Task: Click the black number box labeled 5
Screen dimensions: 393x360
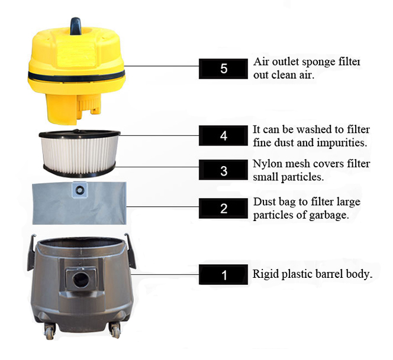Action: [x=223, y=69]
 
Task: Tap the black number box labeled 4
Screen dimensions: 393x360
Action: [x=223, y=136]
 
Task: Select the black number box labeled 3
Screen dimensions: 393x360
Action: [x=223, y=170]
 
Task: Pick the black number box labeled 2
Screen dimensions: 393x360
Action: [x=223, y=208]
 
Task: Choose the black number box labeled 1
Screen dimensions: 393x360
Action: [x=223, y=274]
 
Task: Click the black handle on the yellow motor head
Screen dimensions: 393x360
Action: [x=75, y=26]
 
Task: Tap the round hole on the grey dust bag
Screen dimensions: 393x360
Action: [x=80, y=190]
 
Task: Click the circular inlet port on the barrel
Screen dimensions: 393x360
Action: [x=81, y=279]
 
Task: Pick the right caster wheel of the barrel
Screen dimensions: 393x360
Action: [x=115, y=330]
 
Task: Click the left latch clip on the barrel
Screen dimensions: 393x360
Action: [x=31, y=252]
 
